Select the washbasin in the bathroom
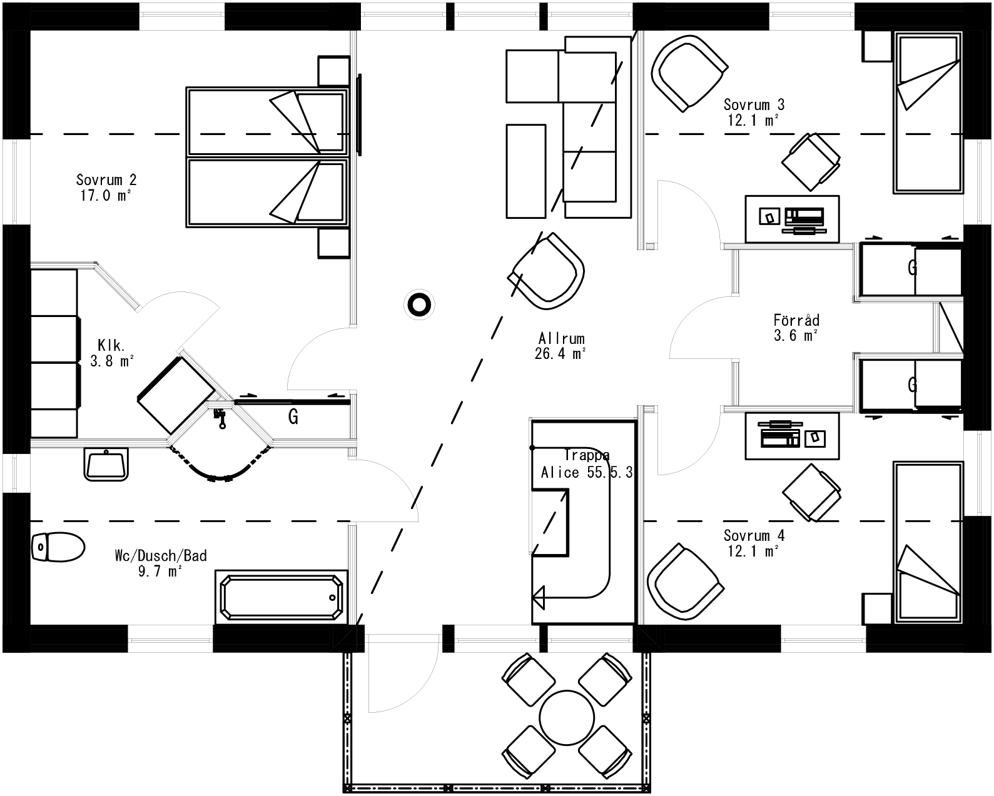click(106, 465)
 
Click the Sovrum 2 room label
click(106, 180)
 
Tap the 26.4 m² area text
click(560, 354)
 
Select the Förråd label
click(796, 320)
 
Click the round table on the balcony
click(567, 717)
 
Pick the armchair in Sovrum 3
click(688, 72)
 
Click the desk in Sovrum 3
click(792, 218)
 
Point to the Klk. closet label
click(111, 345)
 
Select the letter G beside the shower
click(293, 416)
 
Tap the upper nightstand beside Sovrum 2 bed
click(333, 71)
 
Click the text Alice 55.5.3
click(587, 472)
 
